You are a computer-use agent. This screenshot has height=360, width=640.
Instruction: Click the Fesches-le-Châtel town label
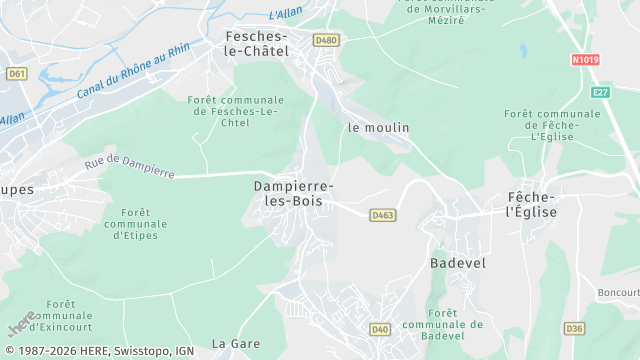[251, 43]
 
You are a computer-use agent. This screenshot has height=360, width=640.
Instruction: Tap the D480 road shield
[326, 40]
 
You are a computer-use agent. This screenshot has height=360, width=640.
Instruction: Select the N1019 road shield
[586, 60]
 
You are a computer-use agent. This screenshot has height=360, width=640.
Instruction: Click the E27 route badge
[600, 92]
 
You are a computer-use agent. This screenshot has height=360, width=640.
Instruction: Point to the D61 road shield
[16, 73]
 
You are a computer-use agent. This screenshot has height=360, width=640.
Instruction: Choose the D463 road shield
[382, 215]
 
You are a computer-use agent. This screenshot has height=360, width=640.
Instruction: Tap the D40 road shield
[380, 329]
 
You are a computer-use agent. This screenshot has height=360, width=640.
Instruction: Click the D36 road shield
[574, 328]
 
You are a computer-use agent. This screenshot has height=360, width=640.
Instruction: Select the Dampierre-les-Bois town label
[294, 193]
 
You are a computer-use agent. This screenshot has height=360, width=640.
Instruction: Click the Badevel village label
[457, 262]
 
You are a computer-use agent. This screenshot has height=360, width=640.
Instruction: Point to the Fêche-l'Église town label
[532, 204]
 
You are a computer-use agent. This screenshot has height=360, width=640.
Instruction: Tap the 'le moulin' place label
[378, 128]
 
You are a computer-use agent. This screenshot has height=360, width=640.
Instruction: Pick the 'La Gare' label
[236, 343]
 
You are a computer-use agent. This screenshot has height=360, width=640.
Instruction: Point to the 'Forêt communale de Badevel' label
[442, 324]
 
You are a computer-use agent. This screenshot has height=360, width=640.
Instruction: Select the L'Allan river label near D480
[287, 14]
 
